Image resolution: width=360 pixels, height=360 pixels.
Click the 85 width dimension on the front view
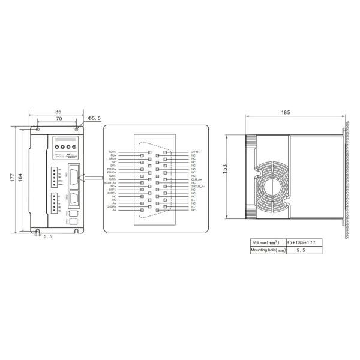58,111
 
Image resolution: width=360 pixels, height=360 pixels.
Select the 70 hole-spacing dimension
58,119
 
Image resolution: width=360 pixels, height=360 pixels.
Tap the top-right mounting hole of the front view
77,130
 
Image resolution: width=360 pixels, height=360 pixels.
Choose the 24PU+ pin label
196,152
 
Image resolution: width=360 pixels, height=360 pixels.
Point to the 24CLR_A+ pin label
197,187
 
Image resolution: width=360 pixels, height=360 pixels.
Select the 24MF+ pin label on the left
112,193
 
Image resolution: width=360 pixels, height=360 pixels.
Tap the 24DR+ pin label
112,206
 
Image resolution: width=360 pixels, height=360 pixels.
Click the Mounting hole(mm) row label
267,250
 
